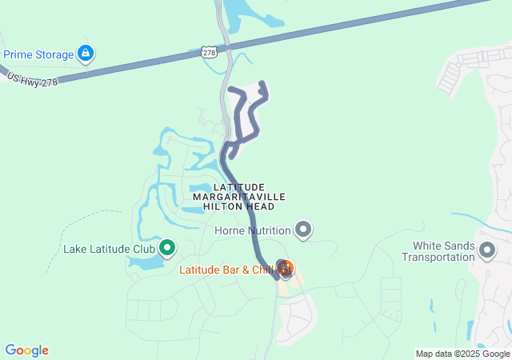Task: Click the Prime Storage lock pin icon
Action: pyautogui.click(x=86, y=54)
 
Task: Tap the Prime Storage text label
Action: pyautogui.click(x=38, y=55)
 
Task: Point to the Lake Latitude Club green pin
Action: pyautogui.click(x=167, y=248)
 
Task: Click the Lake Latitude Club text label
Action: pyautogui.click(x=109, y=249)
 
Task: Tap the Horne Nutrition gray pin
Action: pyautogui.click(x=303, y=230)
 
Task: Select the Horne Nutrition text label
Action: pyautogui.click(x=251, y=231)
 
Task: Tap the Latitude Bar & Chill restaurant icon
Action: pyautogui.click(x=285, y=266)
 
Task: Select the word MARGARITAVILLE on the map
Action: pyautogui.click(x=238, y=196)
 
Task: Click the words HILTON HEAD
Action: pyautogui.click(x=238, y=206)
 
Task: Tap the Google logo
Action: pyautogui.click(x=26, y=350)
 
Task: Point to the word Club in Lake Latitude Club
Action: pyautogui.click(x=142, y=249)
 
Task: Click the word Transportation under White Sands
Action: pyautogui.click(x=438, y=257)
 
